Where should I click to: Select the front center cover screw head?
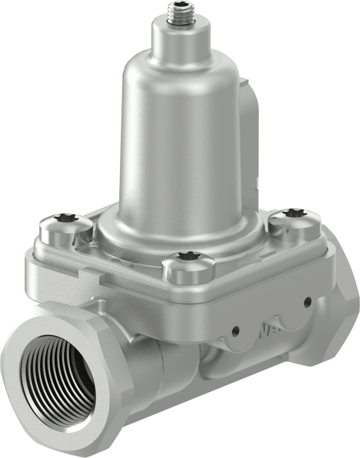click(188, 267)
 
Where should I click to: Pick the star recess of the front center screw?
click(187, 256)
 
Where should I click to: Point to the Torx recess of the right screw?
click(292, 213)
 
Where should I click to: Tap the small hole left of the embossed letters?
click(235, 331)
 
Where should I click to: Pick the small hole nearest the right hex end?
click(307, 301)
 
